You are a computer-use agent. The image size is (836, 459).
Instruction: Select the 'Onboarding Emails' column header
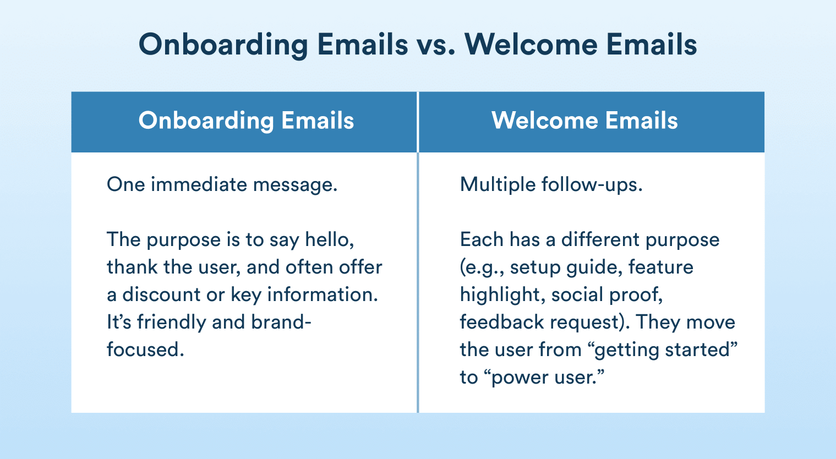click(x=247, y=121)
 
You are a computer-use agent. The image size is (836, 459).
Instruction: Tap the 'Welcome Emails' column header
click(x=584, y=121)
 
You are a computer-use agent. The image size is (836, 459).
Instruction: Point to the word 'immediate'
click(x=199, y=184)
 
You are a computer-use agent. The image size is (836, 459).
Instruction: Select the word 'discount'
click(x=162, y=294)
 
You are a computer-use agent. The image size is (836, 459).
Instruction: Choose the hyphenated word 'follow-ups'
click(x=592, y=185)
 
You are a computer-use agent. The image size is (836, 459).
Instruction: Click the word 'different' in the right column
click(x=600, y=239)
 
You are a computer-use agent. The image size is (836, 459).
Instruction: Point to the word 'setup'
click(x=535, y=267)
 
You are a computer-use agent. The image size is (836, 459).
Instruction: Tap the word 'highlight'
click(x=500, y=295)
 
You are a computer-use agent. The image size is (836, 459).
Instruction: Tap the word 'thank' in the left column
click(x=132, y=267)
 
